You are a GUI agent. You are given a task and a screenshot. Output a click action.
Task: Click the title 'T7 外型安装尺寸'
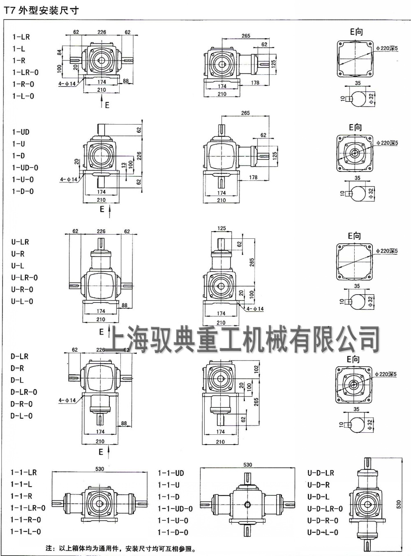click(x=41, y=10)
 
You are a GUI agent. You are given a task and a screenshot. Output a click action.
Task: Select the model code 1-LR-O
click(x=25, y=72)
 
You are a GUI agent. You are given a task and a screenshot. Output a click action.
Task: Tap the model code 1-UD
click(x=21, y=132)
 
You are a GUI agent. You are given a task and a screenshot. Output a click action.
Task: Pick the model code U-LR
click(x=20, y=242)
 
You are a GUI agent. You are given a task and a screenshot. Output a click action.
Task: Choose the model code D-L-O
click(x=21, y=416)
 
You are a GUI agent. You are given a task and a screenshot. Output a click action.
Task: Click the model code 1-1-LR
click(x=23, y=473)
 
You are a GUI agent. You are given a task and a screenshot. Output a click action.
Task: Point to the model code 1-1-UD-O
click(x=175, y=509)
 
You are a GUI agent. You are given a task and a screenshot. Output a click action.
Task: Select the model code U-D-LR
click(x=321, y=473)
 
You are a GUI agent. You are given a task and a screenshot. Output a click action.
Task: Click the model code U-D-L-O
click(x=323, y=532)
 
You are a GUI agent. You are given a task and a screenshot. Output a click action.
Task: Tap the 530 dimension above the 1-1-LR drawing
click(x=100, y=469)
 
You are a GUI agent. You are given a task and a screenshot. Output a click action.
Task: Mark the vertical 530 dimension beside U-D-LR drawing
click(x=398, y=504)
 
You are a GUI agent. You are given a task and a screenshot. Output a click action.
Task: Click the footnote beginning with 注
click(x=121, y=548)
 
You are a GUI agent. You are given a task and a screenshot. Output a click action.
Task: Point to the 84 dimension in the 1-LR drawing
click(x=59, y=52)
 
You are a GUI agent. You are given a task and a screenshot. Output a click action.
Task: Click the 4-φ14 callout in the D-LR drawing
click(x=67, y=400)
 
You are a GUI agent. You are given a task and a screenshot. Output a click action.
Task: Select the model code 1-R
click(x=18, y=60)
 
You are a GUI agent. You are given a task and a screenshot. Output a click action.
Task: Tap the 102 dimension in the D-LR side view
click(x=256, y=369)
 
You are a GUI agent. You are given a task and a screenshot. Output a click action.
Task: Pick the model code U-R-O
click(x=22, y=289)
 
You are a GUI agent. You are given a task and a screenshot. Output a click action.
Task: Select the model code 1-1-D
click(x=169, y=497)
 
